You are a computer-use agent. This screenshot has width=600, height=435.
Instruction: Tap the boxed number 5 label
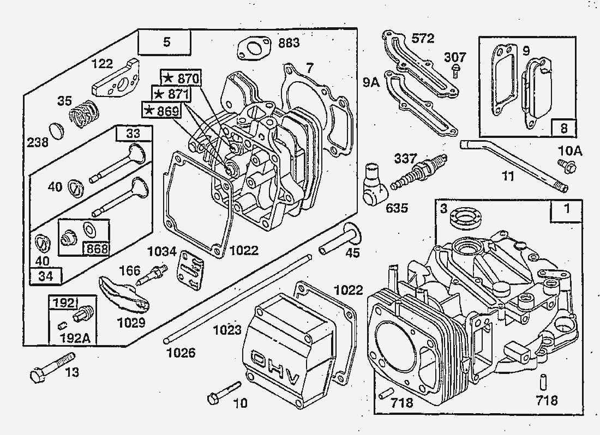pos(165,43)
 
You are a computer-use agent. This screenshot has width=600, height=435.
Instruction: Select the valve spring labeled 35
pos(85,113)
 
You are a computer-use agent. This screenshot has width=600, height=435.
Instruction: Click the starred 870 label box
pos(181,77)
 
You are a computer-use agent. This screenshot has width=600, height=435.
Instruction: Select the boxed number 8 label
pos(563,129)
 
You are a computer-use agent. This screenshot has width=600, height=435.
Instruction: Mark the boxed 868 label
pos(96,249)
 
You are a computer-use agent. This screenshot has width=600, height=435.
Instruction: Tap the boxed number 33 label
pos(133,134)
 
